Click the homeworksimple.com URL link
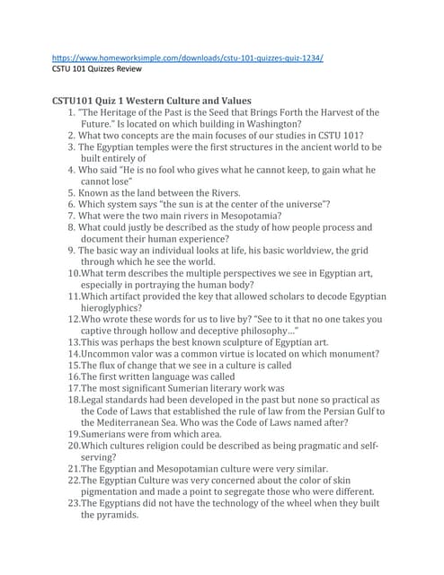coord(188,57)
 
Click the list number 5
coord(71,192)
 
